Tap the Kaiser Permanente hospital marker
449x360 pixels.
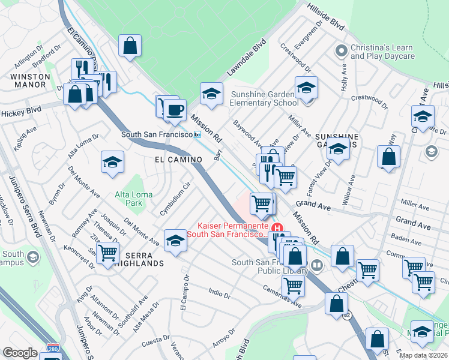tap(277, 228)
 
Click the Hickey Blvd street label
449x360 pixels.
tap(20, 112)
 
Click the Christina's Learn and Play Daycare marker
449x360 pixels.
tap(341, 50)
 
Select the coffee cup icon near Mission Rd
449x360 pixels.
tap(175, 109)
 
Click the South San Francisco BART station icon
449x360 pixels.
tap(197, 135)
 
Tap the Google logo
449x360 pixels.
tap(20, 353)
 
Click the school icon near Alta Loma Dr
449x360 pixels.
tap(112, 162)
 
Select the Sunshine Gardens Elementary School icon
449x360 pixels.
tap(306, 88)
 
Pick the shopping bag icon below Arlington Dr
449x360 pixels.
tap(130, 46)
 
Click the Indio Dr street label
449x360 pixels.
tap(219, 294)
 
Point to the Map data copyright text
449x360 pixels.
tap(423, 355)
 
